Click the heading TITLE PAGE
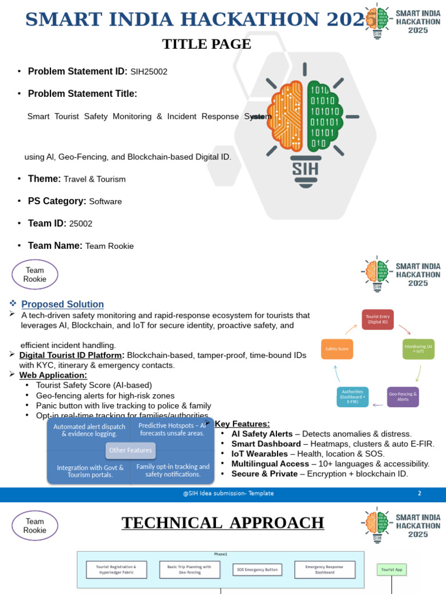pos(206,44)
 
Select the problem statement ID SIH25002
pos(149,72)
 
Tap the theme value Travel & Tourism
pos(95,179)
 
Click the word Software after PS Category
pos(105,201)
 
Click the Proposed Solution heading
pos(63,305)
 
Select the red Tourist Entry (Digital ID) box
pos(377,320)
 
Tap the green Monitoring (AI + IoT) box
pos(419,349)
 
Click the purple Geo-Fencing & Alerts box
pos(403,396)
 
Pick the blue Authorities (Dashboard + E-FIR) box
pos(353,396)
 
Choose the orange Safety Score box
pos(337,349)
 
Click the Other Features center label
pos(130,450)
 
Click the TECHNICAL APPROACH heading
pos(222,523)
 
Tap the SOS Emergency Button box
pos(257,569)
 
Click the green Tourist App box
pos(392,570)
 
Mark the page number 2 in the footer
pos(419,494)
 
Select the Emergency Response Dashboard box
pos(326,569)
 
